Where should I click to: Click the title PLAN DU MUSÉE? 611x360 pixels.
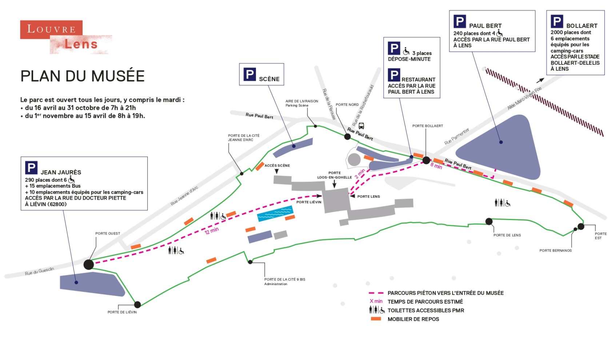[83, 76]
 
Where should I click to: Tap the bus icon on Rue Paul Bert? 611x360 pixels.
[361, 126]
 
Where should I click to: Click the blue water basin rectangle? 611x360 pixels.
[275, 213]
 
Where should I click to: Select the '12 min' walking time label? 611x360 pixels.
[212, 231]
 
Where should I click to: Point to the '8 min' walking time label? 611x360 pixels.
[436, 166]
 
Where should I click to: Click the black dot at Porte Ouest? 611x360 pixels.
[89, 264]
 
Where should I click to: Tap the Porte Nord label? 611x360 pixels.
[347, 105]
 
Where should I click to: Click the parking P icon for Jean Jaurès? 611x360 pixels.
[31, 168]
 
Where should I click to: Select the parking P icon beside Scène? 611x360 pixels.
[249, 75]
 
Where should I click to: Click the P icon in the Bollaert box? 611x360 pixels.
[557, 21]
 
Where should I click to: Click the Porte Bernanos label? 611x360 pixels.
[555, 251]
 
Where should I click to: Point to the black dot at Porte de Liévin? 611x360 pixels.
[137, 304]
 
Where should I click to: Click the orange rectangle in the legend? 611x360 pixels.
[376, 319]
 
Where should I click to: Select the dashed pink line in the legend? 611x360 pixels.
[376, 293]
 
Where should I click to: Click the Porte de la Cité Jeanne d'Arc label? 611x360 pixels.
[244, 138]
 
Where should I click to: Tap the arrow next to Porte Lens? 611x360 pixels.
[352, 196]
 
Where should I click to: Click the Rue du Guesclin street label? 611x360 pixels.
[39, 271]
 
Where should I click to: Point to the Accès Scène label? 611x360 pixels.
[277, 165]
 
